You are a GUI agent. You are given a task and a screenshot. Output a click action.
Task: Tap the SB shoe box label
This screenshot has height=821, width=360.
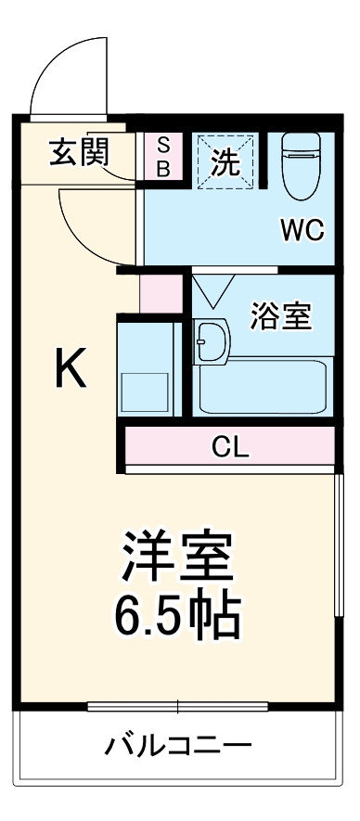162,156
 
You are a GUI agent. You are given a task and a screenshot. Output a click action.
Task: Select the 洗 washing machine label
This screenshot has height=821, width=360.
225,161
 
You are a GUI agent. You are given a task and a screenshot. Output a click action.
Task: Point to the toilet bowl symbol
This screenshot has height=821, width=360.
301,167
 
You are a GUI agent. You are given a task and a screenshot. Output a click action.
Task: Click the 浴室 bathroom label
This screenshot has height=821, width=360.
280,316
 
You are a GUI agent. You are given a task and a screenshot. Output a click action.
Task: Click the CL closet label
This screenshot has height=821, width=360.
230,447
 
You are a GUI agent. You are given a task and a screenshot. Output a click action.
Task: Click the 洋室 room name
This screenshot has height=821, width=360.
176,558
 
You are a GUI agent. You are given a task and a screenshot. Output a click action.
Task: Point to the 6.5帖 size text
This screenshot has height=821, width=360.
176,613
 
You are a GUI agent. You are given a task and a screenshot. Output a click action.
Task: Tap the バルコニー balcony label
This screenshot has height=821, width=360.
177,745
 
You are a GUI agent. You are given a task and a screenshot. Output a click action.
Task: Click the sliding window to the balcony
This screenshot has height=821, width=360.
177,707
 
